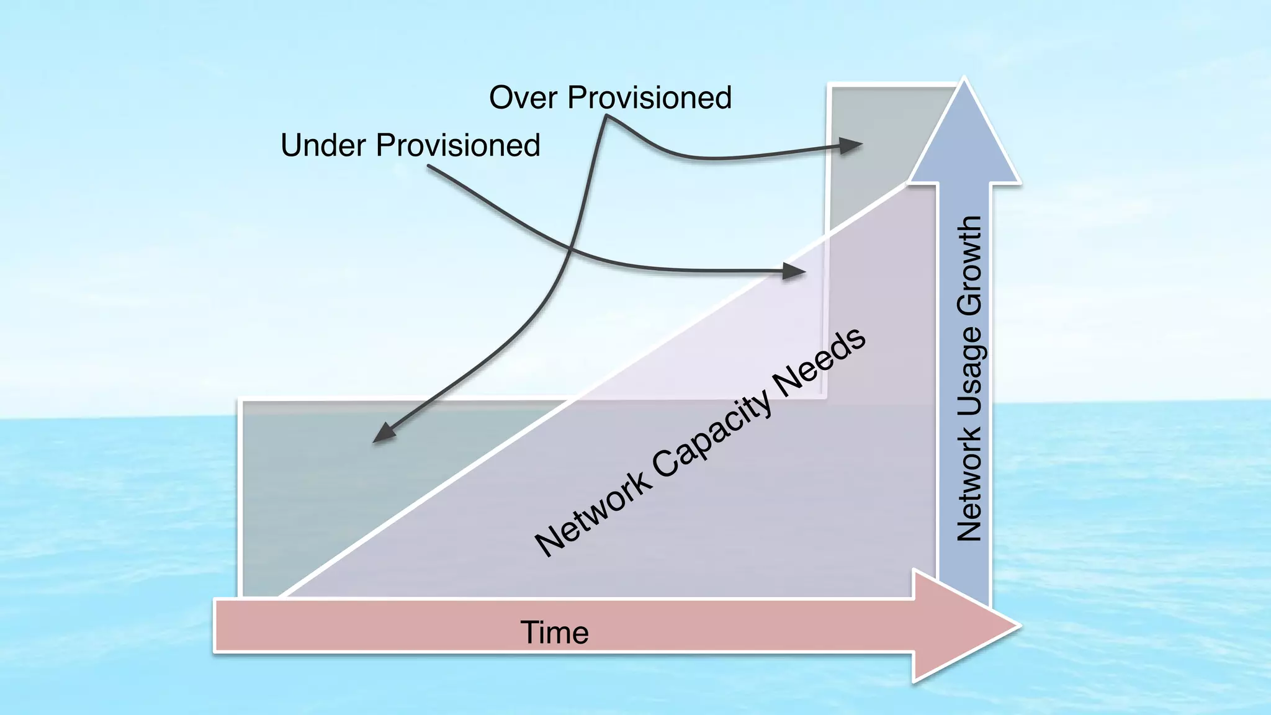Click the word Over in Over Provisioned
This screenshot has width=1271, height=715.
click(523, 98)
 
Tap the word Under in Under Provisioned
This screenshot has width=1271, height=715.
click(323, 146)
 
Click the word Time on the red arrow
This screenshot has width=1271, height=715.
click(554, 632)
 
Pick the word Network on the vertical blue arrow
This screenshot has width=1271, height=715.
click(969, 485)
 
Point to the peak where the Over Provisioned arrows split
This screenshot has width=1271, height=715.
click(606, 117)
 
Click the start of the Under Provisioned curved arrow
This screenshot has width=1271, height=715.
click(428, 166)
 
